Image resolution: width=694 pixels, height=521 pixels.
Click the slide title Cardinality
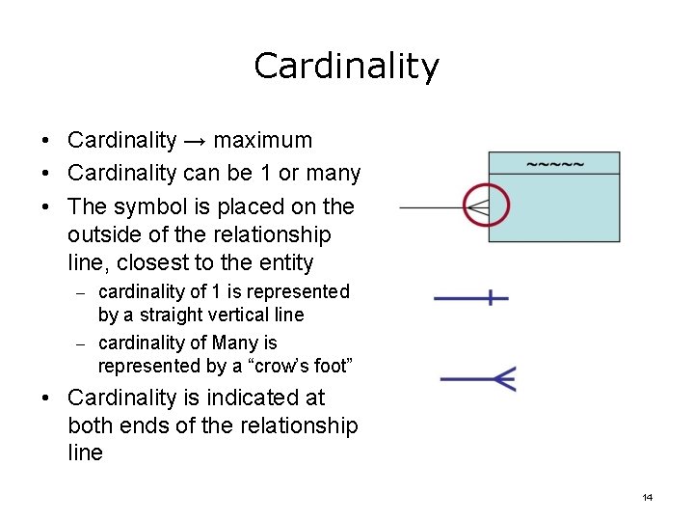(346, 66)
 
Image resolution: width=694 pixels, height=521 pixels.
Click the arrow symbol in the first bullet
(195, 141)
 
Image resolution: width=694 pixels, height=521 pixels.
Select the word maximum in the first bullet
(263, 141)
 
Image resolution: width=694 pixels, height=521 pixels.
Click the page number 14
(647, 497)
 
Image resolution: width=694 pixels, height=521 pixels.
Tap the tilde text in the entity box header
(554, 163)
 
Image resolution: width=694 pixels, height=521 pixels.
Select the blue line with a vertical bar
(471, 298)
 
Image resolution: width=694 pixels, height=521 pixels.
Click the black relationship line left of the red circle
(429, 206)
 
